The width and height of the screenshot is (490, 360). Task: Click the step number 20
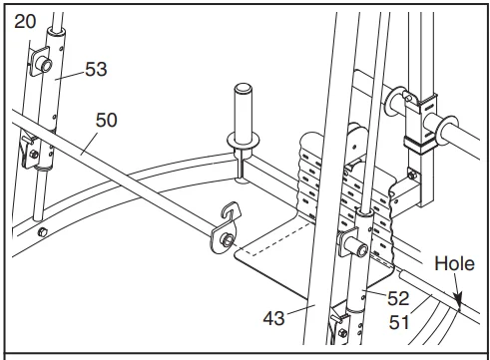25,20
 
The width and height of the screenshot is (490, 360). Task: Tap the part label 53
96,70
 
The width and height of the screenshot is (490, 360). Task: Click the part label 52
398,297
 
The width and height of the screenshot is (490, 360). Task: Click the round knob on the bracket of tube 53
44,64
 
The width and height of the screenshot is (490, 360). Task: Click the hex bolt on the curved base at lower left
41,231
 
